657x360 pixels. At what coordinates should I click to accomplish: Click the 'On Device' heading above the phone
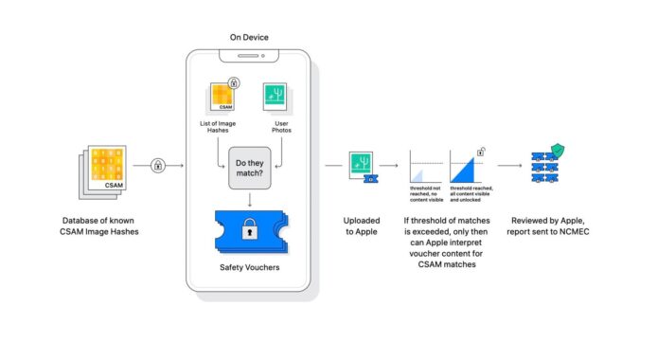point(250,37)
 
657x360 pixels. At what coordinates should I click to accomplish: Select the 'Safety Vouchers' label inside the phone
point(250,268)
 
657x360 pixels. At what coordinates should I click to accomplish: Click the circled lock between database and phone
point(157,166)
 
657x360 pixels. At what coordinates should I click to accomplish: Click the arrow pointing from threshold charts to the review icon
point(510,166)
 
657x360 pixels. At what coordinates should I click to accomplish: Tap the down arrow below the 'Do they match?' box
point(250,200)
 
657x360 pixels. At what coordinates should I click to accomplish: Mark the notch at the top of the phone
point(250,56)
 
